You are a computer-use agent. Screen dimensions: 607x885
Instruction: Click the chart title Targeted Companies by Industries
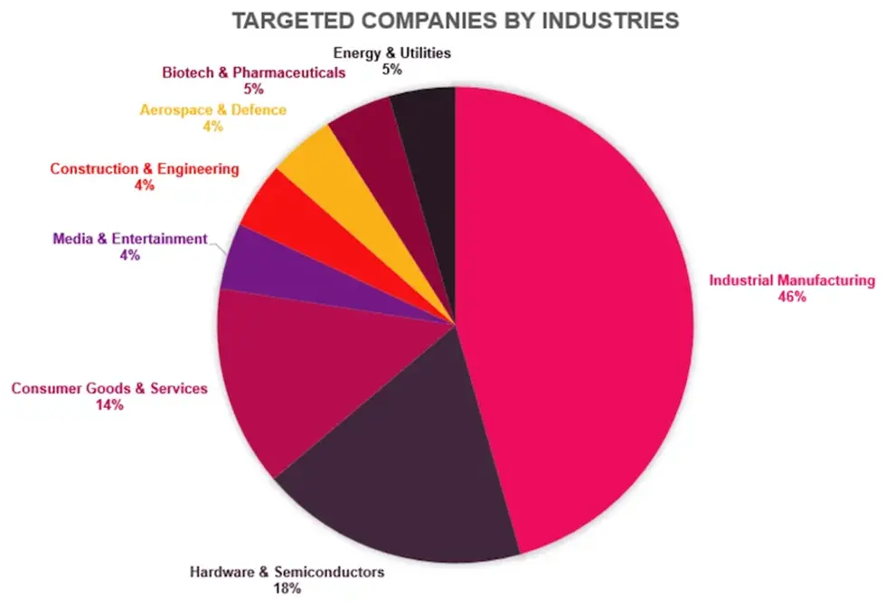coord(455,21)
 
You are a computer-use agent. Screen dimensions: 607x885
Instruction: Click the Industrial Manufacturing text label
coord(792,280)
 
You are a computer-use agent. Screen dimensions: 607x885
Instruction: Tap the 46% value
coord(792,298)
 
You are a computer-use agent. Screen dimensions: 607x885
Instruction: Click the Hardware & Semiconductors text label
coord(287,572)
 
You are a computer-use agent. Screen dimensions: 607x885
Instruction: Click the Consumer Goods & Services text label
coord(109,388)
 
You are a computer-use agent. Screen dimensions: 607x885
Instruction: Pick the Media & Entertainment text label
coord(130,239)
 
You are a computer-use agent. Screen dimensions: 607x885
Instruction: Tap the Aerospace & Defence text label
coord(212,110)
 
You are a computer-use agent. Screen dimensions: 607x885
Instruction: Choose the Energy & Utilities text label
coord(391,53)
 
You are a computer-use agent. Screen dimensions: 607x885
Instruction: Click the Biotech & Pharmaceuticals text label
coord(253,72)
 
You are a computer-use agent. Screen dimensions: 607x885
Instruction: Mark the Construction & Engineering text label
coord(145,168)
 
